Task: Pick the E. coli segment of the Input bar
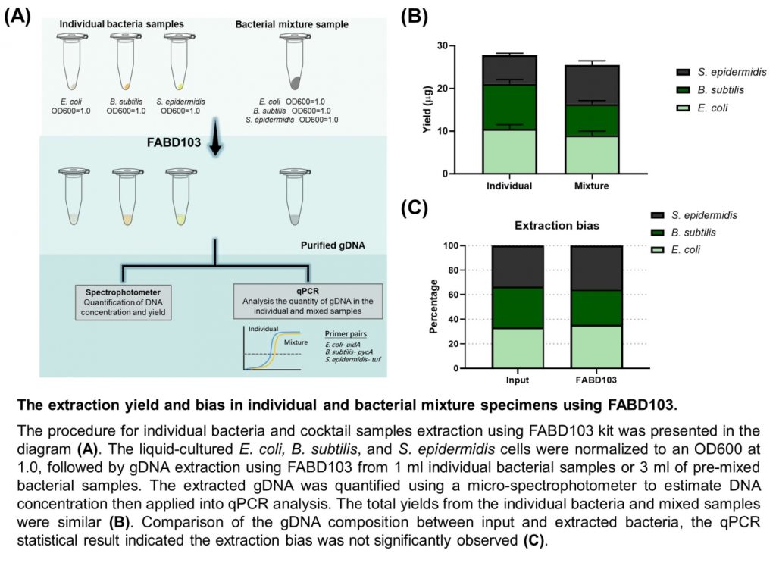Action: (518, 348)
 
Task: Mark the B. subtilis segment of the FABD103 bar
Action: (596, 308)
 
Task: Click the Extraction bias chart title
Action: (557, 226)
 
